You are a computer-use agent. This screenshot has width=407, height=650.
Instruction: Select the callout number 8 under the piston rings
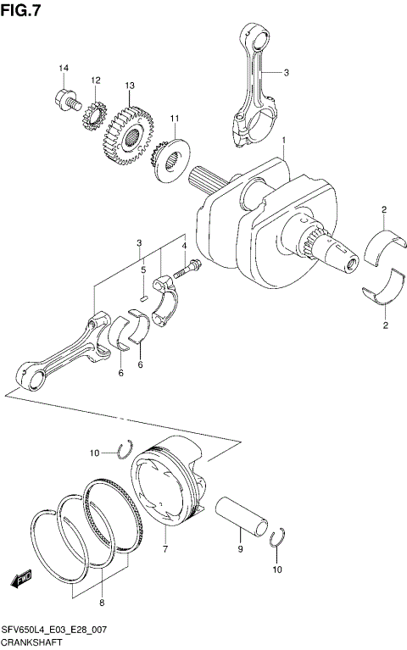(x=102, y=603)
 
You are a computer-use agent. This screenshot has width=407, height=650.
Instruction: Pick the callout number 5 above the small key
(x=144, y=270)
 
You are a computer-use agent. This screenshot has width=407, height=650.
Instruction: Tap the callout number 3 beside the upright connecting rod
(x=286, y=73)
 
